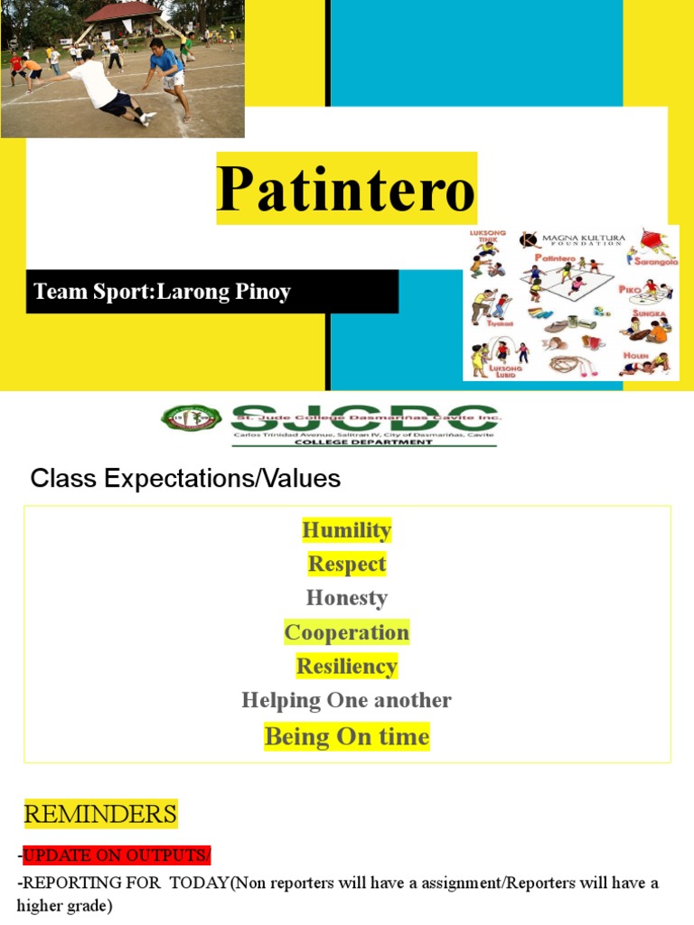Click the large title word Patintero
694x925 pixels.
point(345,189)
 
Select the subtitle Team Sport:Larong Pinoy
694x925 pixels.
point(162,292)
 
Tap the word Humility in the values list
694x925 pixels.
point(346,530)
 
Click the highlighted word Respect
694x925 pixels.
point(346,565)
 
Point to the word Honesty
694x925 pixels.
point(346,598)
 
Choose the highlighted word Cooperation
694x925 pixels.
point(346,632)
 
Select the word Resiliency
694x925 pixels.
point(346,667)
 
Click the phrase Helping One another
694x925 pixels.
point(346,700)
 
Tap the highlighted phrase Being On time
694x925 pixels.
point(346,737)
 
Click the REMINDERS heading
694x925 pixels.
point(100,814)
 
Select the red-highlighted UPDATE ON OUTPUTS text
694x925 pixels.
point(117,855)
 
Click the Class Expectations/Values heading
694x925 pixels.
point(185,479)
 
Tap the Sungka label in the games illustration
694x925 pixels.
point(649,314)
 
